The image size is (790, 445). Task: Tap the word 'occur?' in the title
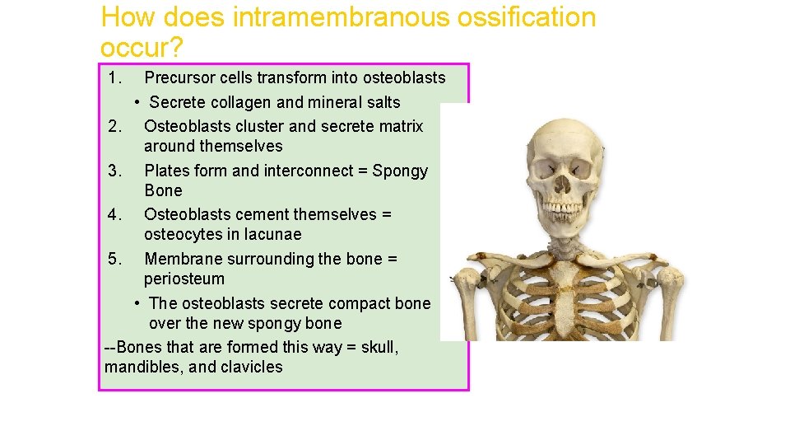tap(141, 47)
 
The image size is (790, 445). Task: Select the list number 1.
tap(115, 78)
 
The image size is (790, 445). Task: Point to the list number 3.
tap(115, 171)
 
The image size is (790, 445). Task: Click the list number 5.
tap(115, 260)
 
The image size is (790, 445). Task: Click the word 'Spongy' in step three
tap(400, 171)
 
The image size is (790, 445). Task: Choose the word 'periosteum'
tap(184, 279)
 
